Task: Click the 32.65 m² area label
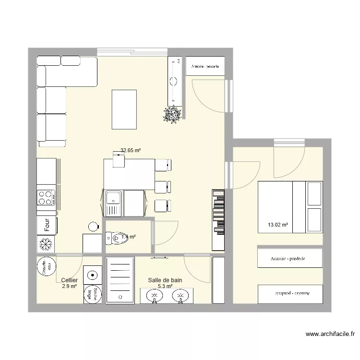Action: pos(131,150)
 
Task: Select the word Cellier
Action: pos(70,280)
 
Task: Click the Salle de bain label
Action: pos(165,280)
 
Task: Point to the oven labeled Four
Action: pos(47,226)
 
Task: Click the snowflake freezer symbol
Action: pos(46,245)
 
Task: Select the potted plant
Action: pos(172,114)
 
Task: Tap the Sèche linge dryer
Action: pos(92,294)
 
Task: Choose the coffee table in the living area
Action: pos(124,109)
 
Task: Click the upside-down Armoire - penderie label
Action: pos(290,293)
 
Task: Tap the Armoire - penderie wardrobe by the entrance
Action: pos(205,66)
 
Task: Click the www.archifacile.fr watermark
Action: pos(331,334)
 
